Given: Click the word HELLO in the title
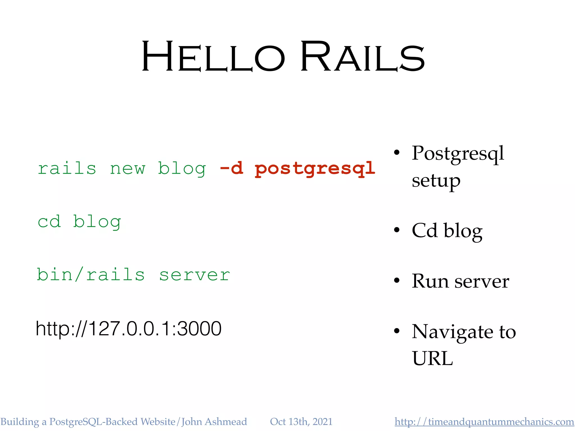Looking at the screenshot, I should coord(213,57).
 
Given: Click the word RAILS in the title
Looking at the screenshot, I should coord(362,57).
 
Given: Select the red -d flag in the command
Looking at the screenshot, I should coord(231,168).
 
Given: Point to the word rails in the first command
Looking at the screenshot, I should coord(67,168).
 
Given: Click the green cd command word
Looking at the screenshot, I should coord(49,222).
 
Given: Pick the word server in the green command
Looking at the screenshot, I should coord(195,275).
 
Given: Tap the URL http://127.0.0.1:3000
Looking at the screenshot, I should coord(129,329).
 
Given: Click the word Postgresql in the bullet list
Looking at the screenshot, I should coord(458,154).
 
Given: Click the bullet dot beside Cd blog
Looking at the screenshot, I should coord(396,230).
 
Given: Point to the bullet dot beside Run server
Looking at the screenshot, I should coord(396,281).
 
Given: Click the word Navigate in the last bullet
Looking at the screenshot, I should coord(452,332).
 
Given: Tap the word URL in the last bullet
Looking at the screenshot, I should coord(432,359).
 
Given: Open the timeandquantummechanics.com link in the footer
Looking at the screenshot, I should coord(484,422).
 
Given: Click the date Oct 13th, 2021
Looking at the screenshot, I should coord(301,422).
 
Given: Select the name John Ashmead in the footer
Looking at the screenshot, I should coord(214,422).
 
